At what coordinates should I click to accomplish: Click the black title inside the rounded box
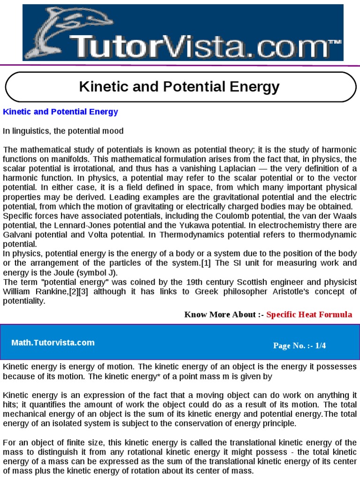(x=180, y=87)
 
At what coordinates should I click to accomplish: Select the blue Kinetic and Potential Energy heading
(x=60, y=112)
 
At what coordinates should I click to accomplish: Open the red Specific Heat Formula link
(x=309, y=315)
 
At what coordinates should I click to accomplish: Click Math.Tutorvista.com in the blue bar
(x=53, y=343)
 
